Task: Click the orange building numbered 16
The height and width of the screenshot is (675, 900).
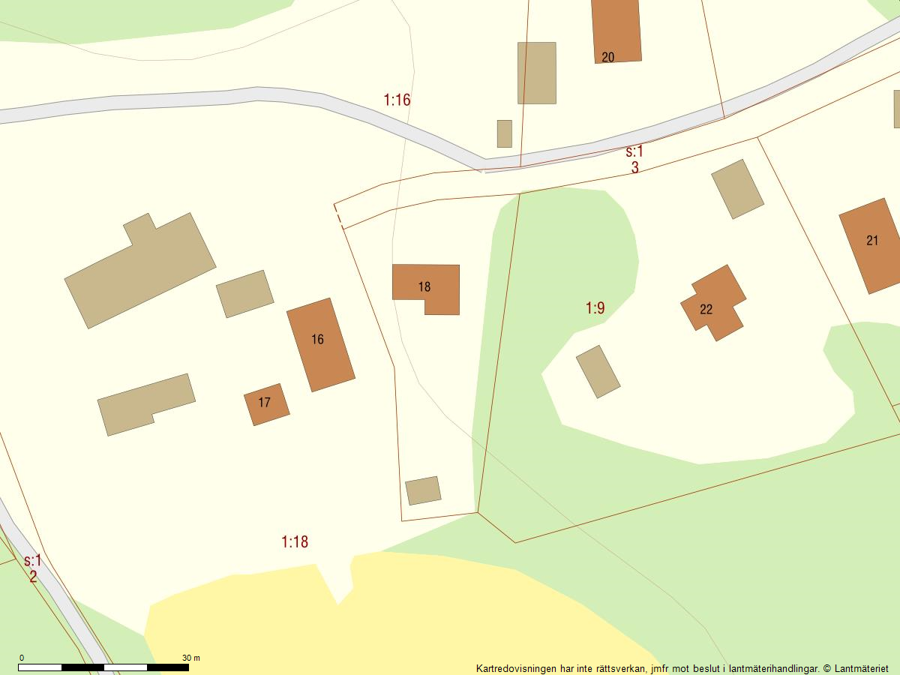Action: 320,344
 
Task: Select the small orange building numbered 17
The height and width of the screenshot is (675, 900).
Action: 266,404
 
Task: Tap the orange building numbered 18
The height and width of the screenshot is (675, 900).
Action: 425,286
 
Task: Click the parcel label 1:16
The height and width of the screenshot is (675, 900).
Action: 397,100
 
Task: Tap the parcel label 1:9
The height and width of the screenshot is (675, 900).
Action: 595,307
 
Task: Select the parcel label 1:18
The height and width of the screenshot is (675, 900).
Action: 295,541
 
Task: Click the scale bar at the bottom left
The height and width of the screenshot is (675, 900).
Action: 103,667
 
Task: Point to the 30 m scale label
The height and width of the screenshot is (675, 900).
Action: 190,658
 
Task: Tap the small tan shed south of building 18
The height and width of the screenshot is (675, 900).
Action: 423,490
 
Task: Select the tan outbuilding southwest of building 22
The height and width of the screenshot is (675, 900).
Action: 598,371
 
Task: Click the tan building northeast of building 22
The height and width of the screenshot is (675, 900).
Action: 737,189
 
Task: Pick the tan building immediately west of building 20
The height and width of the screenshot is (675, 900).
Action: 536,73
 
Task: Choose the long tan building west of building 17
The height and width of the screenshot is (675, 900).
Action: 145,403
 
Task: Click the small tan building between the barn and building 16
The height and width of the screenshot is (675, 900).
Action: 244,293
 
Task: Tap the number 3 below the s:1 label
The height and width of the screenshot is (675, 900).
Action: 634,167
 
